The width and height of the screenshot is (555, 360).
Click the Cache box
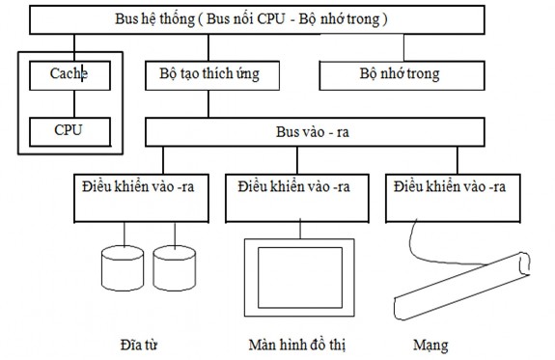pos(69,73)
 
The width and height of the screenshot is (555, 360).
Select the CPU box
pos(69,128)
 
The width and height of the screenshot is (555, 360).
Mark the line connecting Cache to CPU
pos(69,101)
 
